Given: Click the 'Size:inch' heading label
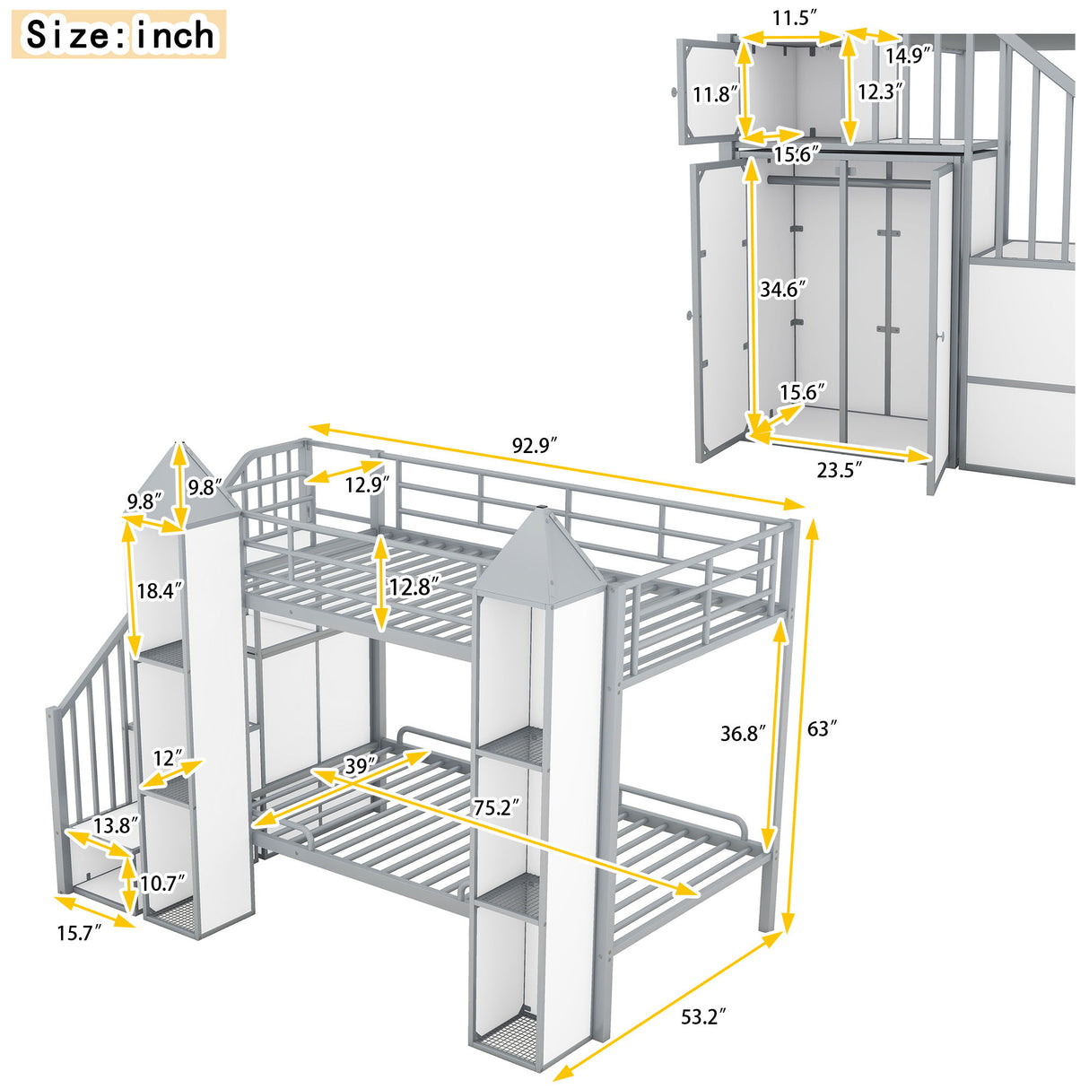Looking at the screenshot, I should (119, 35).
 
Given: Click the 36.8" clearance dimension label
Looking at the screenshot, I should (744, 734).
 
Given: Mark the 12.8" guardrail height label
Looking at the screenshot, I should (414, 586).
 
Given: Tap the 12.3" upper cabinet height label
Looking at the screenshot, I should (879, 91).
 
